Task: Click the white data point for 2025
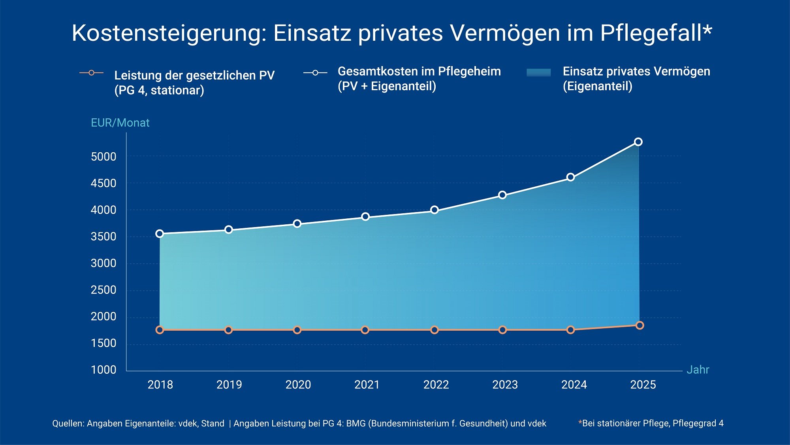[638, 142]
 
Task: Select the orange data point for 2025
[640, 325]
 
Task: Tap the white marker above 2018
[160, 234]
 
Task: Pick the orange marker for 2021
[365, 330]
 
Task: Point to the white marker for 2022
[434, 210]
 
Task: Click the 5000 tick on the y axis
[103, 157]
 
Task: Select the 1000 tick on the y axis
[103, 370]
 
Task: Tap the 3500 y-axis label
[103, 237]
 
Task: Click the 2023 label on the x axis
[505, 384]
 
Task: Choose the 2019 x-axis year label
[229, 384]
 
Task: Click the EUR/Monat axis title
[120, 123]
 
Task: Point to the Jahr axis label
[698, 369]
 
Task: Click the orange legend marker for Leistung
[91, 73]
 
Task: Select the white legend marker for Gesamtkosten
[315, 73]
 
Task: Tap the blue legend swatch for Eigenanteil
[538, 72]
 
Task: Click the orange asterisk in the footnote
[580, 422]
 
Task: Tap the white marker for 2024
[570, 177]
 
